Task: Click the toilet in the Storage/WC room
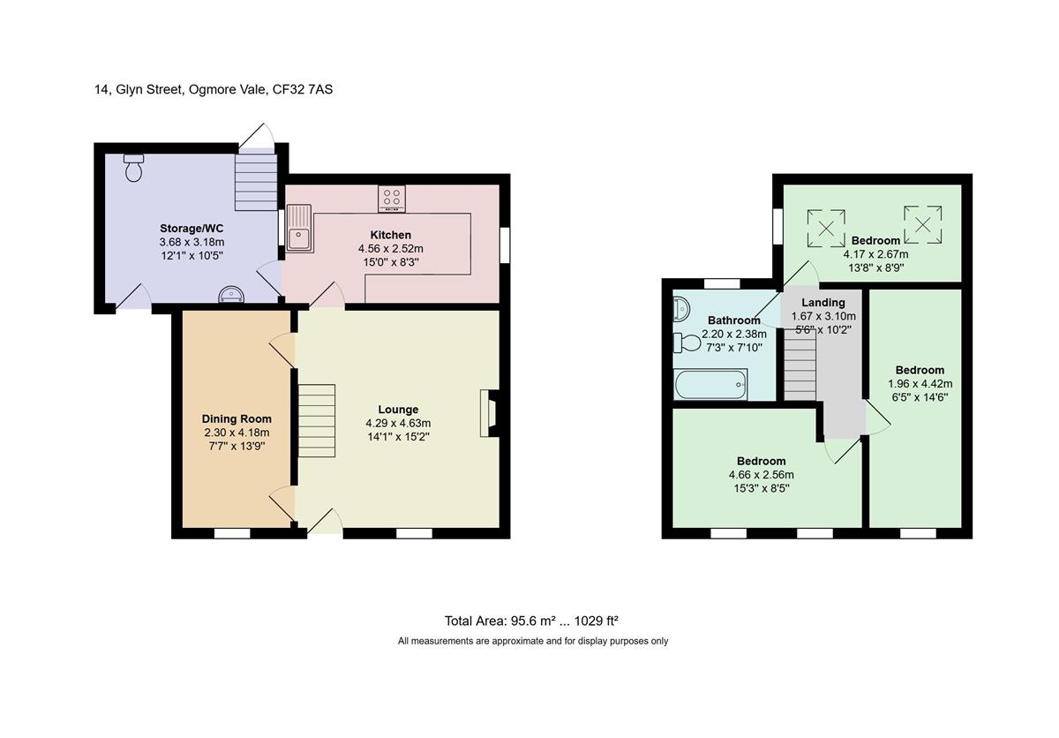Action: point(134,168)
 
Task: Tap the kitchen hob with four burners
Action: point(392,199)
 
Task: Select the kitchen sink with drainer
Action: point(299,228)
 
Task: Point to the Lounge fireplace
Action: point(489,413)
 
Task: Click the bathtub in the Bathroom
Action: point(710,384)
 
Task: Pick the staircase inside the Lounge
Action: point(316,421)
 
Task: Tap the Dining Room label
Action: point(237,419)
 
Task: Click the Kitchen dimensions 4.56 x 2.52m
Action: point(390,249)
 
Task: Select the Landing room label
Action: point(823,303)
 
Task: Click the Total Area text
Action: point(531,621)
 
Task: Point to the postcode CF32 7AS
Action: point(303,89)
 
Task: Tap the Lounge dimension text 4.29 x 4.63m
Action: point(398,423)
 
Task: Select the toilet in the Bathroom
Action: point(687,343)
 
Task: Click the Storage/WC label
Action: point(192,229)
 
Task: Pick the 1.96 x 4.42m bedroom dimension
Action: point(920,384)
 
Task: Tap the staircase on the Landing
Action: point(800,365)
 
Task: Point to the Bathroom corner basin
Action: point(680,308)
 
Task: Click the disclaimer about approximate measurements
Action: point(533,642)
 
